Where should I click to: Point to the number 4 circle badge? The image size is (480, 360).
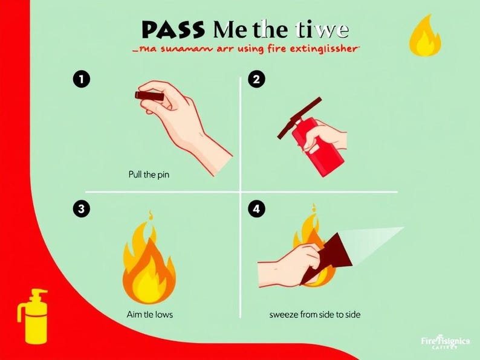point(257,209)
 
